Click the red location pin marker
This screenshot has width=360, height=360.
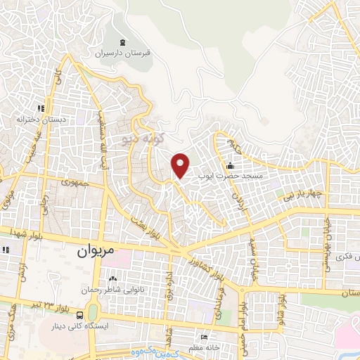coord(181,165)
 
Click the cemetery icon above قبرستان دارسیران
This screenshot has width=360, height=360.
coord(123,43)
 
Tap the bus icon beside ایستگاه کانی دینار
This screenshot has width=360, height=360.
coord(80,315)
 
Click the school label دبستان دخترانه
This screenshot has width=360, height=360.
coord(43,120)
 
